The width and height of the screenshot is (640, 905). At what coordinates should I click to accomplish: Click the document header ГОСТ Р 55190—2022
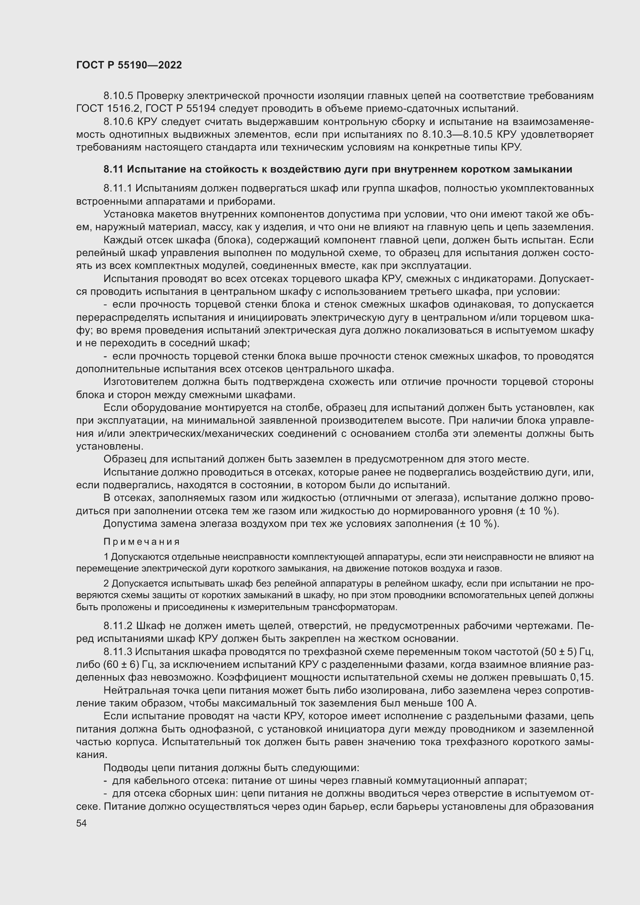(x=129, y=65)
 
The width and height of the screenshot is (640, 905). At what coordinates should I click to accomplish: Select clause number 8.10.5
(x=119, y=96)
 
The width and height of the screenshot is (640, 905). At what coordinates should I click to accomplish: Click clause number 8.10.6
(x=119, y=122)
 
